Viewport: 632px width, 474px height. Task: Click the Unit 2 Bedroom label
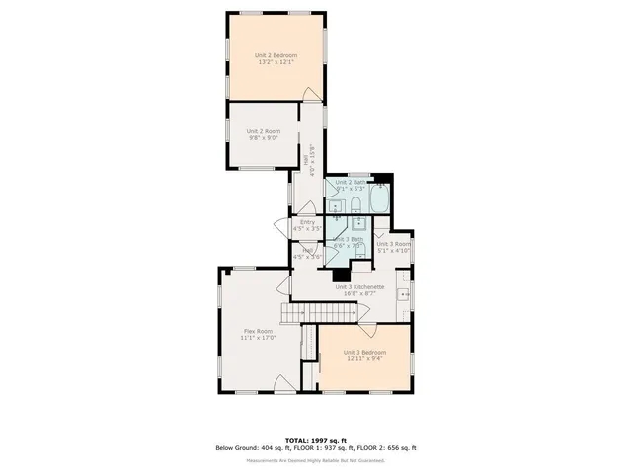pyautogui.click(x=276, y=55)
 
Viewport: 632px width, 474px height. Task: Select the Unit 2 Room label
pyautogui.click(x=264, y=131)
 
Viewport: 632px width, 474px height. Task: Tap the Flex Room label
pyautogui.click(x=258, y=331)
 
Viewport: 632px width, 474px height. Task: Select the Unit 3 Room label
pyautogui.click(x=393, y=244)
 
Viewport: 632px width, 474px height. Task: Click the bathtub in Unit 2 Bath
pyautogui.click(x=379, y=202)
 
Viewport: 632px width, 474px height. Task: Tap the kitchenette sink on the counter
pyautogui.click(x=403, y=295)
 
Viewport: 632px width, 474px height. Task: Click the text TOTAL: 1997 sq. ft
pyautogui.click(x=316, y=440)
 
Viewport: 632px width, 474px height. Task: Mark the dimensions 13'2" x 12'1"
pyautogui.click(x=276, y=63)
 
